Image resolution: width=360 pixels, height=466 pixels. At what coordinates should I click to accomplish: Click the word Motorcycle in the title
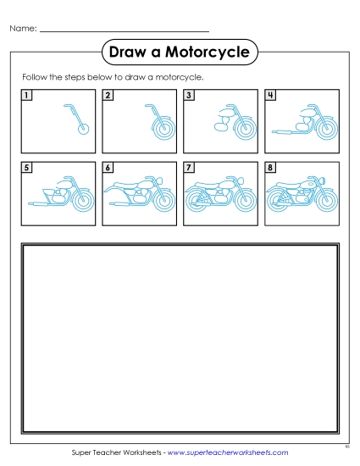213,53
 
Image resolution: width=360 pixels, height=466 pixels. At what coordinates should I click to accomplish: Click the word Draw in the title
130,53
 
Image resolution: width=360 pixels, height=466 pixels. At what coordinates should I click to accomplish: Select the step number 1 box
27,95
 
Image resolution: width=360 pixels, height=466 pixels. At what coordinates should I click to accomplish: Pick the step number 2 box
108,95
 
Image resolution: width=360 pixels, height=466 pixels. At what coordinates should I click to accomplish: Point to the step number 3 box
189,95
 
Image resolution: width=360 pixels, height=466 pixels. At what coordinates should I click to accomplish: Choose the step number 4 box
270,95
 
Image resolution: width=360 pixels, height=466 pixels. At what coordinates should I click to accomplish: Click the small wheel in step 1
81,130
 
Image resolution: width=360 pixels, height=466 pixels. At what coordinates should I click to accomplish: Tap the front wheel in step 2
159,128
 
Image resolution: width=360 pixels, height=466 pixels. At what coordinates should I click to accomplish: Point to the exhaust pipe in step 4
285,132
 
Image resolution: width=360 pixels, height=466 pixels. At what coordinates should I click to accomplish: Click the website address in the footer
228,453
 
